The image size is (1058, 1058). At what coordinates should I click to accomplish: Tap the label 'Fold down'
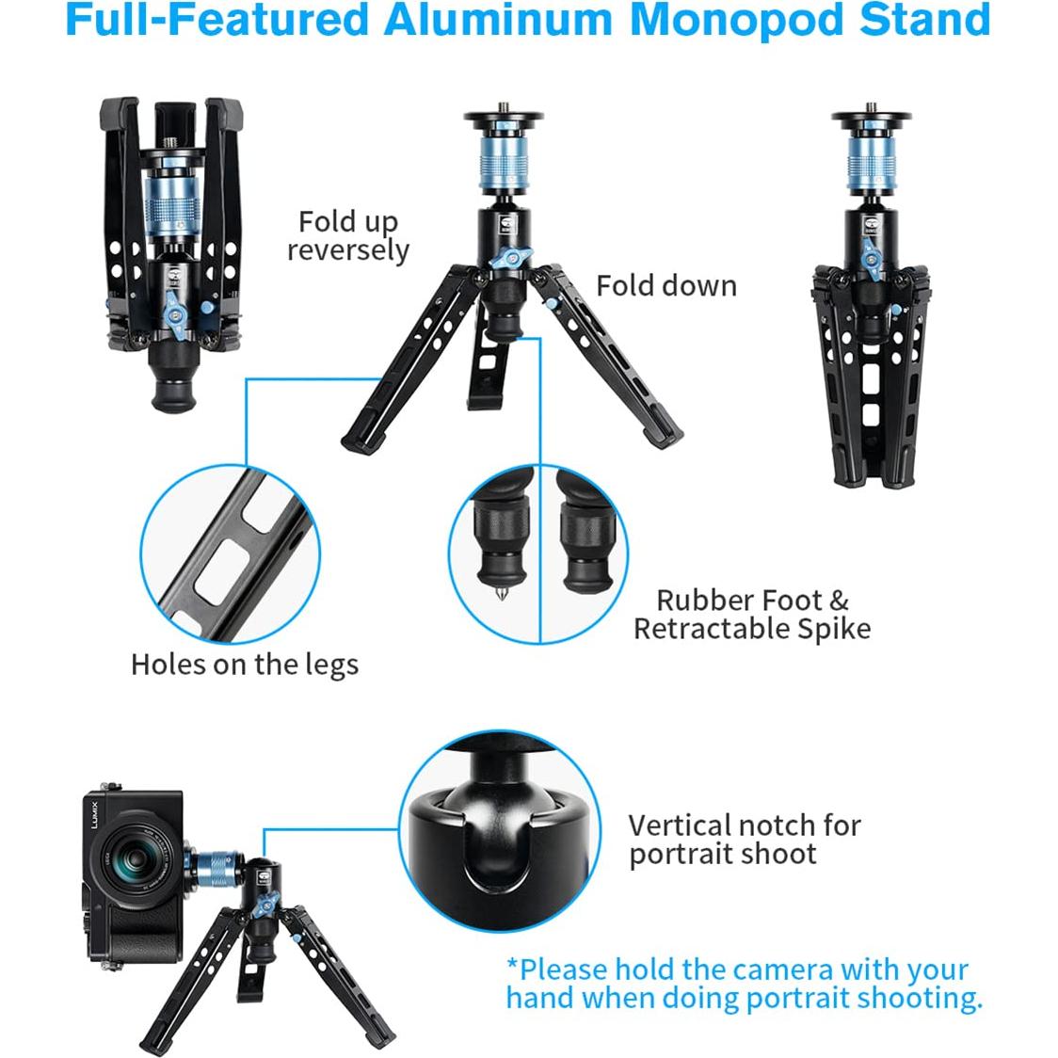click(x=666, y=286)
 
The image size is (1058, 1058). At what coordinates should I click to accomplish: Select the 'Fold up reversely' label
click(x=348, y=235)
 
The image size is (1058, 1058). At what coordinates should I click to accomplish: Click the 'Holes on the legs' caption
click(x=245, y=665)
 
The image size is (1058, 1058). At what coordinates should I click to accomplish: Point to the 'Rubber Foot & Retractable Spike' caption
click(x=752, y=615)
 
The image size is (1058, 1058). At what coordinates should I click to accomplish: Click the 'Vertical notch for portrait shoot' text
click(x=744, y=840)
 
